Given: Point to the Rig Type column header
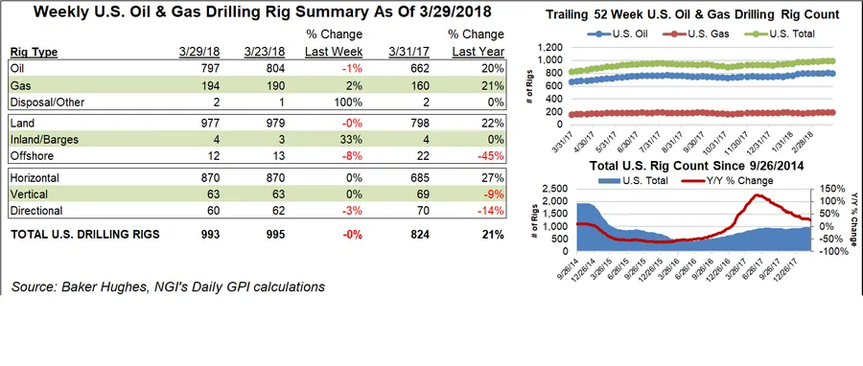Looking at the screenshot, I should pos(38,52).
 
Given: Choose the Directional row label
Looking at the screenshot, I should pos(36,210).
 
